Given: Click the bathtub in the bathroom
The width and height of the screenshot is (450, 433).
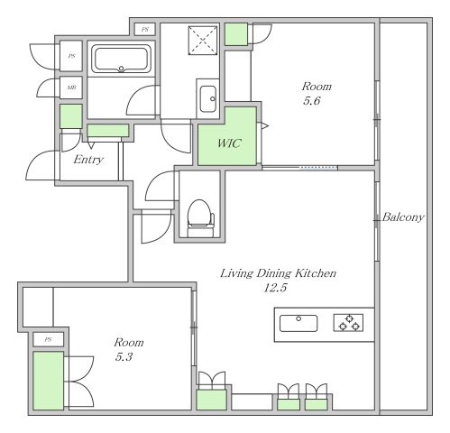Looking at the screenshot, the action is [x=121, y=59].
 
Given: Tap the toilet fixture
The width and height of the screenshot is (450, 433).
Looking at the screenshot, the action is [x=200, y=218].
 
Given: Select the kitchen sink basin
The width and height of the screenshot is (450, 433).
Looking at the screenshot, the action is [x=298, y=323].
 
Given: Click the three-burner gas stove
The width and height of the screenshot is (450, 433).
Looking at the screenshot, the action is [x=348, y=323].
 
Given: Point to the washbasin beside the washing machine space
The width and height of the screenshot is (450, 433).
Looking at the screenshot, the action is [x=208, y=98].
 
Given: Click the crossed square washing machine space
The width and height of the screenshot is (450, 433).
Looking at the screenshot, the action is [x=203, y=41].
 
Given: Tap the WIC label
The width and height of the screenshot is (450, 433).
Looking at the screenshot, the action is [x=229, y=143].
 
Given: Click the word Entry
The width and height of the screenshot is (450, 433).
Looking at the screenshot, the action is [x=88, y=160].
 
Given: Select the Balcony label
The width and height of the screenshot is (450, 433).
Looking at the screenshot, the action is [x=403, y=216].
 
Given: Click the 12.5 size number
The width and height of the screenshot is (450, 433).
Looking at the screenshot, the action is [x=275, y=288].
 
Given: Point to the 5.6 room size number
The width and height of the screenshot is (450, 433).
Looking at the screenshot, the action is [x=311, y=101].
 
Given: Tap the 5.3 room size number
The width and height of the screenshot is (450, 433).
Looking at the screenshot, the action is [x=124, y=357].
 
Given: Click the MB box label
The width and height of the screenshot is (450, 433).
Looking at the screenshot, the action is [x=71, y=88].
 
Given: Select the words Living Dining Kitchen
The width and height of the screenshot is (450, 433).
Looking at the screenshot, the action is [x=278, y=273].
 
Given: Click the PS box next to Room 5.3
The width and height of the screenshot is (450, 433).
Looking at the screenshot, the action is [x=48, y=340].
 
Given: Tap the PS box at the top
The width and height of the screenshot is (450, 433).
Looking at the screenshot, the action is [x=145, y=30].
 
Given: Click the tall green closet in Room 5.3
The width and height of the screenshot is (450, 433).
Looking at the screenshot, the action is [x=48, y=381].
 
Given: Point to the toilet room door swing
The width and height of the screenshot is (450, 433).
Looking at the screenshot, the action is [x=160, y=186].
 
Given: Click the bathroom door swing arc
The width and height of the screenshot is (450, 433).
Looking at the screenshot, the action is [x=142, y=100].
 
